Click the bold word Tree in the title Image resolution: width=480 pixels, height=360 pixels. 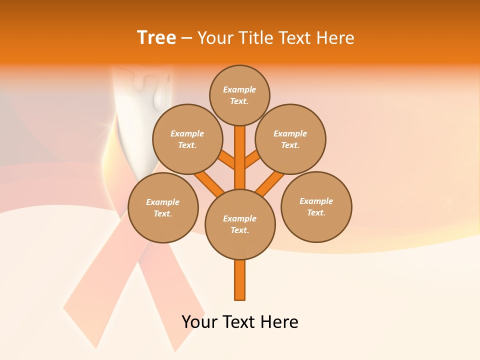point(156,37)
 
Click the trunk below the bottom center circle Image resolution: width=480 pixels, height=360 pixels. point(240,280)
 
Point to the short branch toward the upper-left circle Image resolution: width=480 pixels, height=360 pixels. point(227,159)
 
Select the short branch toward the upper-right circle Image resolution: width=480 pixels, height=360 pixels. point(251,159)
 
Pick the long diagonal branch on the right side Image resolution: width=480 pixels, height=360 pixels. point(270,183)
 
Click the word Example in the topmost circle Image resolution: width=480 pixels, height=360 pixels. point(239,90)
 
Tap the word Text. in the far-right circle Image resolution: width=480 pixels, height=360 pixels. point(316,213)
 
